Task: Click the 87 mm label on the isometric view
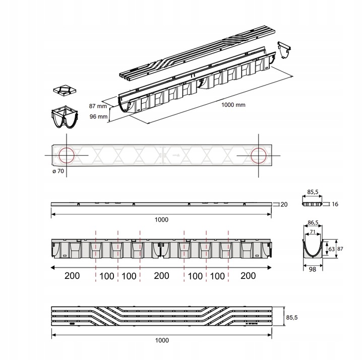coord(98,106)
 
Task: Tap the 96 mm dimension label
coord(98,116)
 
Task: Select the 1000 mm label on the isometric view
coord(233,105)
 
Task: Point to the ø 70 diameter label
coord(58,171)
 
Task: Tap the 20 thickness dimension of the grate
coord(284,204)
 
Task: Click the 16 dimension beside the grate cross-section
coord(335,204)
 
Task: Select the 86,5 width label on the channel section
coord(313,223)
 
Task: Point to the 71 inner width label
coord(313,232)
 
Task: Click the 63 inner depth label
coord(332,249)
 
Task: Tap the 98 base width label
coord(312,269)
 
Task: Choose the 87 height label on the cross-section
coord(340,249)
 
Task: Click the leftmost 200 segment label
coord(72,275)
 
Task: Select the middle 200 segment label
coord(161,275)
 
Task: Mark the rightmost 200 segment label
coord(248,275)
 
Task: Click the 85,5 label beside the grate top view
coord(292,318)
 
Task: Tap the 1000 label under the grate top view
coord(162,340)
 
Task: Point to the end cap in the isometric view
coord(284,50)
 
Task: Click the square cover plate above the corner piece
coord(65,91)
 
